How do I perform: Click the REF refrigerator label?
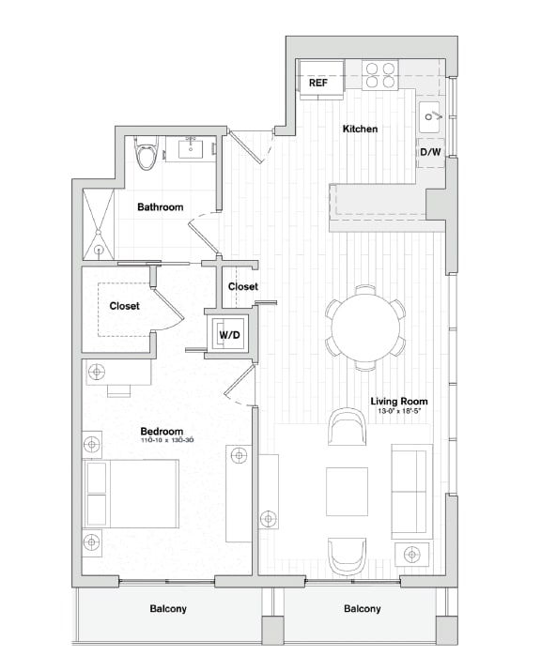coord(318,84)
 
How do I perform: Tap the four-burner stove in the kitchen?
coord(379,75)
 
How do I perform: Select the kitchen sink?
coord(433,116)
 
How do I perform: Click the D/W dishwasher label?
coord(431,152)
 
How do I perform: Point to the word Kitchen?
coord(360,129)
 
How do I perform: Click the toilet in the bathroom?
coord(145,155)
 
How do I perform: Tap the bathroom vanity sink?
coord(191,148)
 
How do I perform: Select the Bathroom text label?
coord(160,207)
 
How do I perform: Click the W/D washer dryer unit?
coord(228,335)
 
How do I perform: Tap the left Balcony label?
coord(168,609)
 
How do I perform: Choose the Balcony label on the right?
coord(362,609)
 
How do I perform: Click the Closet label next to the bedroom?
coord(125,306)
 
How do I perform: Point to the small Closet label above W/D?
coord(243,287)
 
